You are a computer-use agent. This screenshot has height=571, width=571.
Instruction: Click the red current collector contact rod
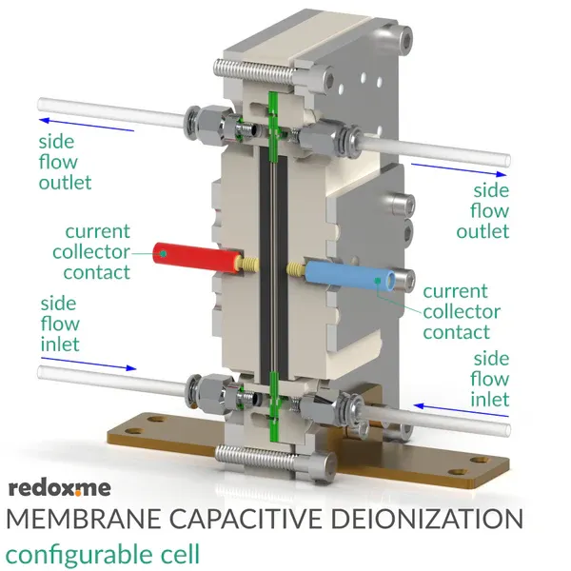[195, 255]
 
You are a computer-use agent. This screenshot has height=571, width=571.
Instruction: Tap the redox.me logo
[60, 488]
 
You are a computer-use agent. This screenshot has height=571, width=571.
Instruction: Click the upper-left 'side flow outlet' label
[64, 161]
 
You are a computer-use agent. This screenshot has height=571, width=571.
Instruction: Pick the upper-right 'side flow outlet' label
[484, 210]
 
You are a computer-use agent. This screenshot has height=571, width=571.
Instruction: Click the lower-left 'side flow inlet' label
[59, 324]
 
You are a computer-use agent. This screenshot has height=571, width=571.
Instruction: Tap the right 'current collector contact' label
[462, 311]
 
